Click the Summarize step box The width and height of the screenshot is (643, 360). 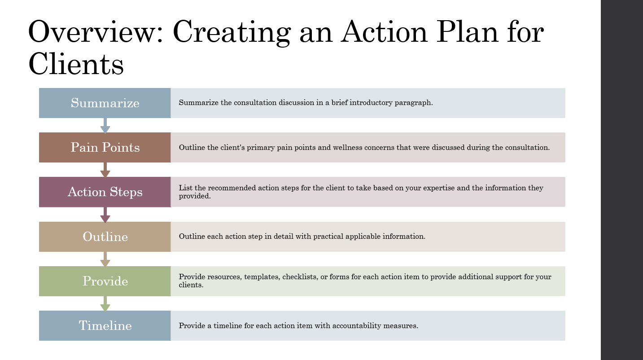pyautogui.click(x=105, y=103)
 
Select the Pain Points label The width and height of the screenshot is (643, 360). pyautogui.click(x=105, y=147)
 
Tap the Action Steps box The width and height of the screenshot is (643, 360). pyautogui.click(x=105, y=192)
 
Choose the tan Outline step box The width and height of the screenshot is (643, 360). pyautogui.click(x=105, y=237)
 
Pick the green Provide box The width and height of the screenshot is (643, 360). pyautogui.click(x=105, y=281)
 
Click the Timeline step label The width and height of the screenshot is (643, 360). pyautogui.click(x=105, y=325)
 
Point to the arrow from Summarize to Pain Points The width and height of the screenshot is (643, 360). pyautogui.click(x=105, y=126)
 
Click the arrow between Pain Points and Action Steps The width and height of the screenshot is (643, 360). pyautogui.click(x=105, y=170)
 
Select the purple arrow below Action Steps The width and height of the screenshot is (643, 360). pyautogui.click(x=105, y=215)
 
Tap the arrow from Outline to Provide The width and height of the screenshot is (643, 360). pyautogui.click(x=105, y=259)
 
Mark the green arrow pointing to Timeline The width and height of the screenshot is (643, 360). pyautogui.click(x=105, y=304)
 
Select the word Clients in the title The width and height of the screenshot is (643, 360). pyautogui.click(x=76, y=64)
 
